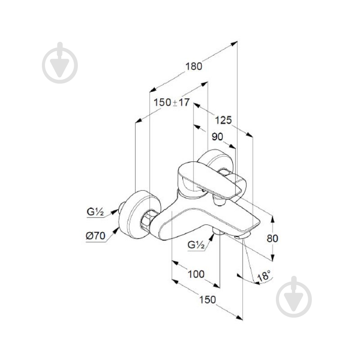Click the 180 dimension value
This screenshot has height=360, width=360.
pyautogui.click(x=194, y=65)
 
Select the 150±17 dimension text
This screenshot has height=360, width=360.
pyautogui.click(x=171, y=102)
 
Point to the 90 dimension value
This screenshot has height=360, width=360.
pyautogui.click(x=218, y=137)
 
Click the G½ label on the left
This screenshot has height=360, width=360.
pyautogui.click(x=96, y=212)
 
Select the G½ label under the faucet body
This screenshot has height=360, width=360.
pyautogui.click(x=197, y=245)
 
